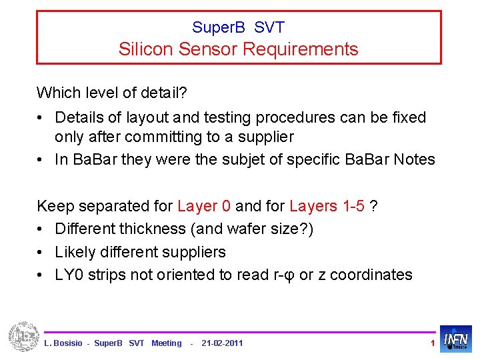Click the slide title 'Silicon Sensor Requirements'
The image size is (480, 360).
(x=238, y=49)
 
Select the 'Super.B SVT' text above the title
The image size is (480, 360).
(x=238, y=27)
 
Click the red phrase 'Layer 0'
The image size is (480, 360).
(x=204, y=206)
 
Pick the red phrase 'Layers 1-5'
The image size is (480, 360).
(x=327, y=206)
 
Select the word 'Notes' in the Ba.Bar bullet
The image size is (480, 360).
(x=414, y=160)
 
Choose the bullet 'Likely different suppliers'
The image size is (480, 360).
(x=140, y=252)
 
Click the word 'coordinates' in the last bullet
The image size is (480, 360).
(x=371, y=275)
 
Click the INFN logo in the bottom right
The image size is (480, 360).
(x=456, y=339)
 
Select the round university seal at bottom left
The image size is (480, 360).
(x=24, y=337)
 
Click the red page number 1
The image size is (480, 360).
(x=433, y=343)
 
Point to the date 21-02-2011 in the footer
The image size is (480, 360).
(x=222, y=343)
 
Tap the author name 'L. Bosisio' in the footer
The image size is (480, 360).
(x=63, y=343)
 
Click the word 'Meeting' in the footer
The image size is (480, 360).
(x=166, y=343)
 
